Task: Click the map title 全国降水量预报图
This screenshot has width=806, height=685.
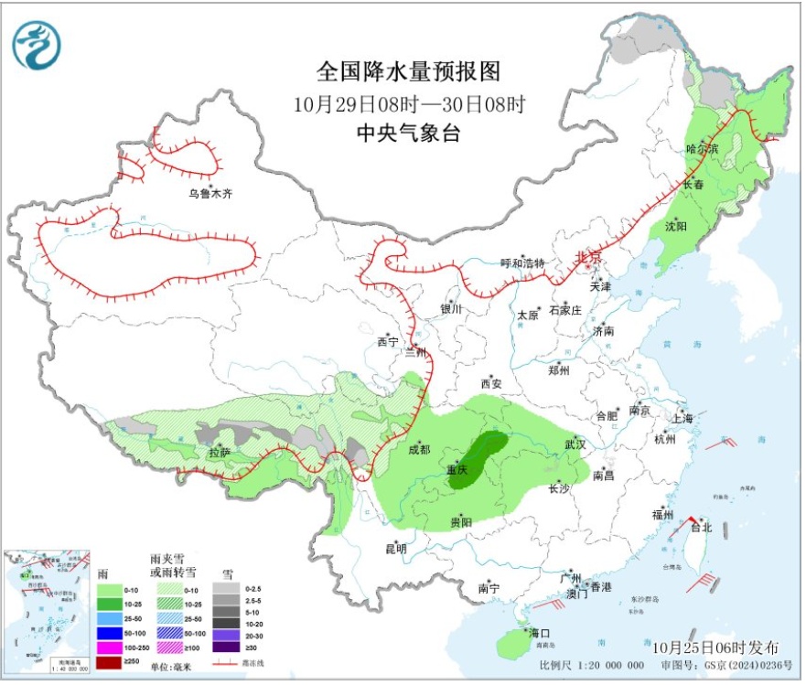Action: point(408,70)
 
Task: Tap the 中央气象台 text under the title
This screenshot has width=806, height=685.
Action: point(408,133)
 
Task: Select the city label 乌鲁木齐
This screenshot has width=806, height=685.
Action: point(210,194)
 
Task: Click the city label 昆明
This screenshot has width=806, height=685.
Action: point(395,549)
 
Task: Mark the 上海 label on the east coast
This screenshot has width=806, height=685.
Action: point(682,418)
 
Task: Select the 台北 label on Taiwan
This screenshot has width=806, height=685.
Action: point(700,528)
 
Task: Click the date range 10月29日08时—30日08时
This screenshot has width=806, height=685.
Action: point(408,102)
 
